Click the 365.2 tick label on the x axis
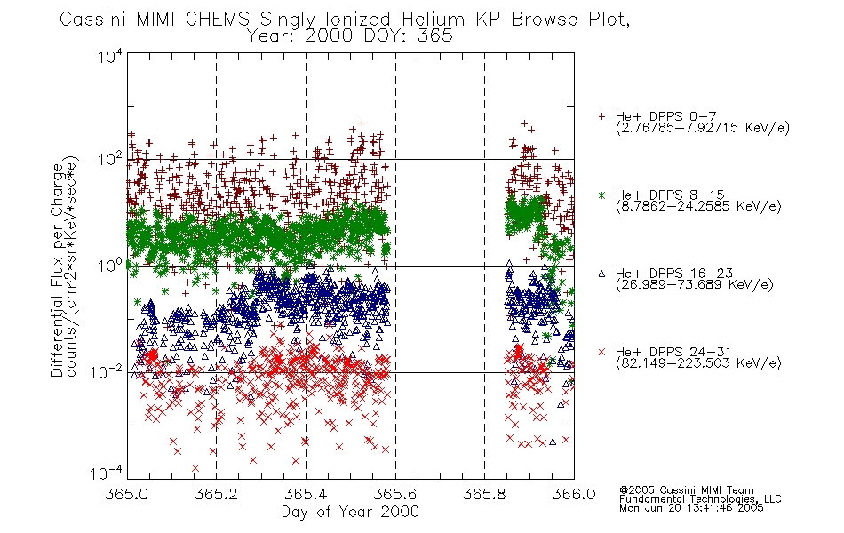click(x=216, y=494)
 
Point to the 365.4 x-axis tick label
click(x=306, y=494)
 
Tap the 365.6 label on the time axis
click(x=394, y=494)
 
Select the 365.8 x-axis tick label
click(x=484, y=494)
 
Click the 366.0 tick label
click(x=574, y=494)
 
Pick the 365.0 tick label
click(x=126, y=494)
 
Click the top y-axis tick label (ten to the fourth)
click(x=110, y=56)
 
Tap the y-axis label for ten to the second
click(x=110, y=159)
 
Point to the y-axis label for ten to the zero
click(x=110, y=266)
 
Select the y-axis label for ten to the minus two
click(x=107, y=371)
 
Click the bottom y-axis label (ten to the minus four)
click(x=107, y=473)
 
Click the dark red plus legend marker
click(x=601, y=116)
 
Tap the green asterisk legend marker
click(x=601, y=195)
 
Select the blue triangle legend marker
click(x=601, y=274)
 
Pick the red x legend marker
click(x=601, y=352)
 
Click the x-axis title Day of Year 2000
click(x=350, y=512)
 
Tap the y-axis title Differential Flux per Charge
click(x=57, y=270)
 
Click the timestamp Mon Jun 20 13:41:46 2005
click(x=691, y=508)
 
